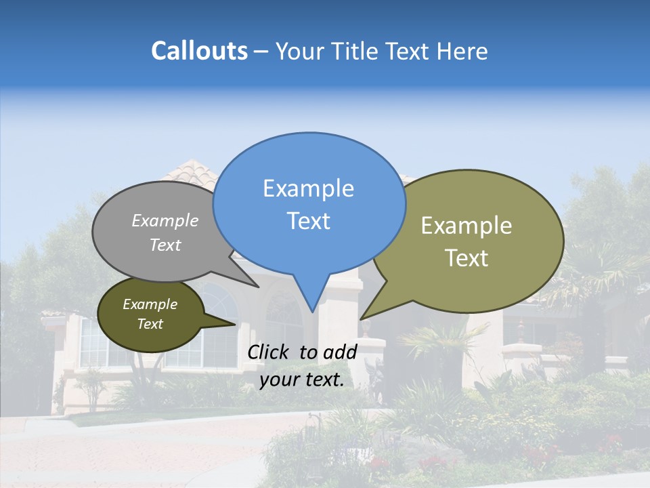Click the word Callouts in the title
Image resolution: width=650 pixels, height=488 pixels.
tap(199, 52)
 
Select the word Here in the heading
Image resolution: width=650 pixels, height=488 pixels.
tap(462, 52)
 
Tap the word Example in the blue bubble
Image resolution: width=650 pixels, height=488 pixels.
tap(309, 188)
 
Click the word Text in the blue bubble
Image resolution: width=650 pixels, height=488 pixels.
tap(309, 221)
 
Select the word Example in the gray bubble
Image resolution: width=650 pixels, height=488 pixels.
tap(165, 221)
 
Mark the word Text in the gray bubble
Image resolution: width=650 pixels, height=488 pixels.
tap(165, 245)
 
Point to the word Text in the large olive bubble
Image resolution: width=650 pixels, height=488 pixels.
tap(467, 258)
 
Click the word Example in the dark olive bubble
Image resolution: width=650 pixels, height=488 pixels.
tap(150, 304)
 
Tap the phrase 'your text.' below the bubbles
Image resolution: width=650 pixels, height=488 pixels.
tap(302, 380)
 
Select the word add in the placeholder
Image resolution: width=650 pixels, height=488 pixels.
tap(341, 352)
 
